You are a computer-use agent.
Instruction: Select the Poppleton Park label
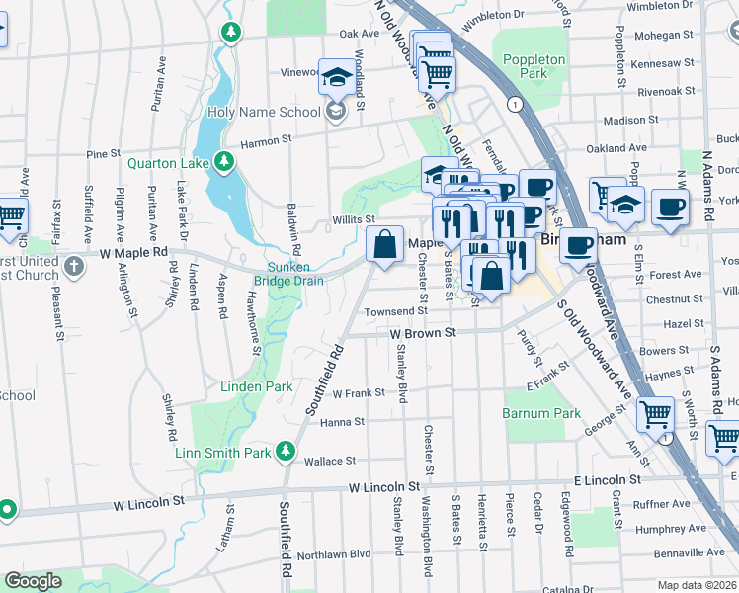(534, 66)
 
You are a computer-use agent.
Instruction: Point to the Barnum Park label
(541, 413)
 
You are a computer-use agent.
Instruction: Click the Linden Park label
(256, 386)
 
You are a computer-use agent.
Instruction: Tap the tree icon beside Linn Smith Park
(286, 452)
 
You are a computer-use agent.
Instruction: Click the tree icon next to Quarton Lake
(225, 160)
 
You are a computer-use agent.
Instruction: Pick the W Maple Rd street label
(134, 253)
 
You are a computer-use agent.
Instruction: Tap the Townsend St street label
(394, 311)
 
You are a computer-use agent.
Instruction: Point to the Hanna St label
(343, 422)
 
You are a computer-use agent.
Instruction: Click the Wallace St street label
(330, 461)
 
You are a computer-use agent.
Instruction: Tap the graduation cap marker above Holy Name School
(335, 75)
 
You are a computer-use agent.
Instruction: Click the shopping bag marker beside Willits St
(384, 244)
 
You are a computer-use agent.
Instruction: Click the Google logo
(33, 581)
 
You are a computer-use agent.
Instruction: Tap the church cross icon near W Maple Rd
(74, 266)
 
